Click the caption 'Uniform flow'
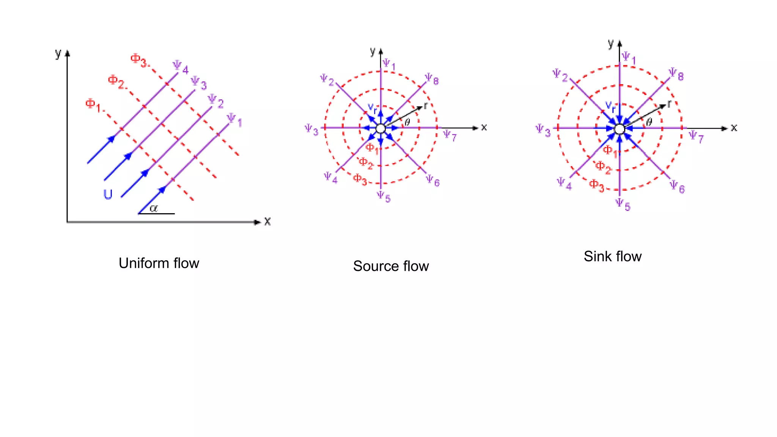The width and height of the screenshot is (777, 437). (159, 263)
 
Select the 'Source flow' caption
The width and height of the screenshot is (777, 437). (391, 266)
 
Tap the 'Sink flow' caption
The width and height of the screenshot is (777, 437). (612, 256)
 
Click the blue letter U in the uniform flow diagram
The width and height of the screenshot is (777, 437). (108, 194)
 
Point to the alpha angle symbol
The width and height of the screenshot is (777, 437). (153, 208)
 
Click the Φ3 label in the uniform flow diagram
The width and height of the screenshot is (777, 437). (138, 60)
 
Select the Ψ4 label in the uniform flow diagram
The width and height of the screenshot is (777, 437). (180, 67)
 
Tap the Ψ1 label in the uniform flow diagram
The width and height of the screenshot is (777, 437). (234, 120)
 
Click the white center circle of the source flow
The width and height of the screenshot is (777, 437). (381, 129)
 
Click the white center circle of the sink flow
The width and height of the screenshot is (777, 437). (619, 129)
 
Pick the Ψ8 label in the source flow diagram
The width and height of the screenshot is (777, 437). (431, 79)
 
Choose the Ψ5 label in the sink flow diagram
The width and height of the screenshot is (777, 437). (622, 204)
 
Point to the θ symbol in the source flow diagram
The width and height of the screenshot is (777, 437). (407, 122)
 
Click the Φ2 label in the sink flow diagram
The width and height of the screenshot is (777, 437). (603, 167)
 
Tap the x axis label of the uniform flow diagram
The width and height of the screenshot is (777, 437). (267, 222)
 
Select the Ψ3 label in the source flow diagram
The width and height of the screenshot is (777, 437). (311, 130)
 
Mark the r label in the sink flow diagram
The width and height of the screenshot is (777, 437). (669, 104)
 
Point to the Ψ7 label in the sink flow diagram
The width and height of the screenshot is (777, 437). (696, 137)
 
